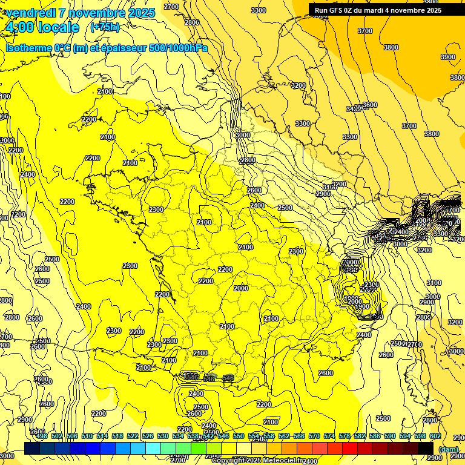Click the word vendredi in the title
(31, 13)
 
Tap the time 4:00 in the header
(19, 28)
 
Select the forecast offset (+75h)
(105, 27)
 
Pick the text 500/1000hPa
(179, 48)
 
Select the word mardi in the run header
(384, 10)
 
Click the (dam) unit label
(447, 449)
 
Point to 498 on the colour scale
(42, 436)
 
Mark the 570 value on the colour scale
(314, 436)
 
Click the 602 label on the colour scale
(435, 436)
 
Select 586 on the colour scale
(375, 436)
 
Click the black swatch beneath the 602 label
(426, 447)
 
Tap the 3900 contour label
(448, 57)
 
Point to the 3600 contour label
(369, 105)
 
